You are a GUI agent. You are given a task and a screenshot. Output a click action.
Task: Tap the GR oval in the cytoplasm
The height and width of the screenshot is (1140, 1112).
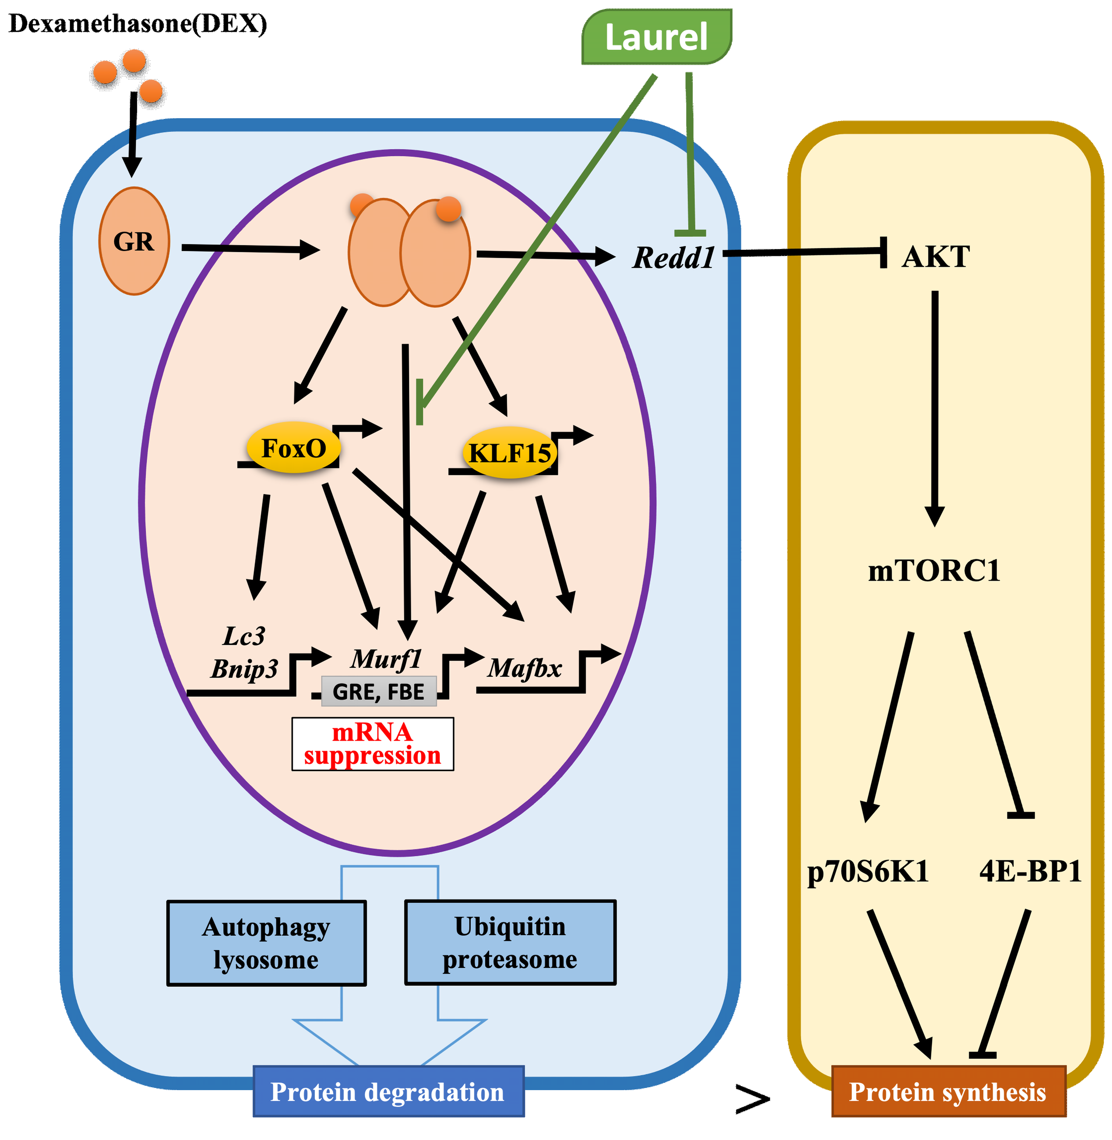coord(134,241)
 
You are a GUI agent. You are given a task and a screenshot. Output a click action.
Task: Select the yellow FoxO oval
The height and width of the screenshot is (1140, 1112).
coord(293,448)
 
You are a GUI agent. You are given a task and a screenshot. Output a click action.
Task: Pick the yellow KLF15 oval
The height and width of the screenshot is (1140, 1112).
coord(510,453)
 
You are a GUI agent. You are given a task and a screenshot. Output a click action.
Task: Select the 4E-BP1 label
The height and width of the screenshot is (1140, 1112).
coord(1030,871)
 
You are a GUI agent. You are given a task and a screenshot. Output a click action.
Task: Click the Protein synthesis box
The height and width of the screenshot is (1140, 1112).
coord(948,1092)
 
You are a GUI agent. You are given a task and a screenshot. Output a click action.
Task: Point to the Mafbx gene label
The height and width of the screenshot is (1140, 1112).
coord(525,668)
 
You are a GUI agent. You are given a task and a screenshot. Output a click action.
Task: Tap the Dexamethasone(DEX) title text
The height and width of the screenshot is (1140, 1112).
coord(138,24)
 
